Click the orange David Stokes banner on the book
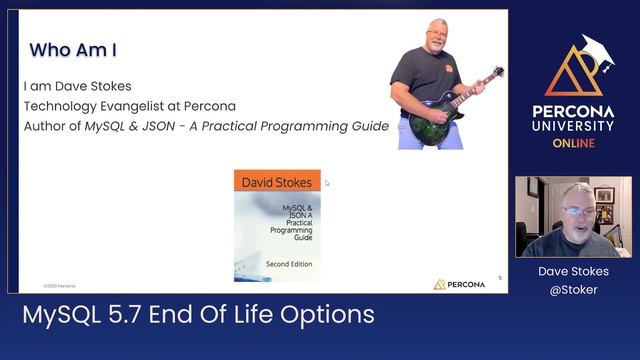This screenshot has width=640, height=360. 277,182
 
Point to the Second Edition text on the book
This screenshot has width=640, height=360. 288,264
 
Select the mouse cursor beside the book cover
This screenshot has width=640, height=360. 327,183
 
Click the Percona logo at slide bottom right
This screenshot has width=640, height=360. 459,284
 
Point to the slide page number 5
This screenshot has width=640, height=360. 500,277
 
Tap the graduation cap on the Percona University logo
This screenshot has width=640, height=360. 596,51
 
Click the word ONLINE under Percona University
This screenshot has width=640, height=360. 573,143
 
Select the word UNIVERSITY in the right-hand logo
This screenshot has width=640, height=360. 573,126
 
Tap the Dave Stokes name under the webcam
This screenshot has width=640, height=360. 573,271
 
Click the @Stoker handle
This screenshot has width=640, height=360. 573,289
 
